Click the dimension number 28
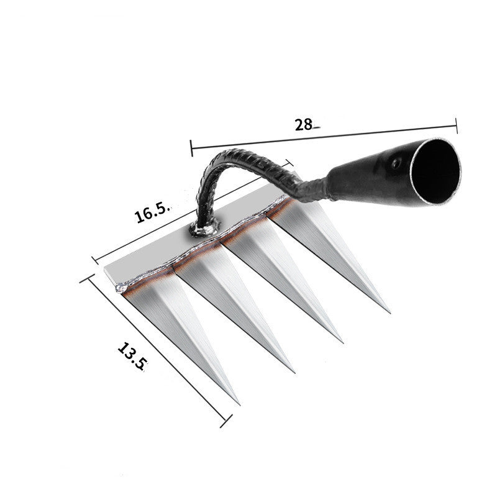tap(304, 124)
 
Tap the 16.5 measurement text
tap(151, 213)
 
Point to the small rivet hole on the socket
tap(394, 165)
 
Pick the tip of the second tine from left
tap(293, 372)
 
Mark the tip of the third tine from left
tap(342, 341)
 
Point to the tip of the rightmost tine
tap(389, 312)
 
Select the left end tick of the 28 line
tap(191, 148)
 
